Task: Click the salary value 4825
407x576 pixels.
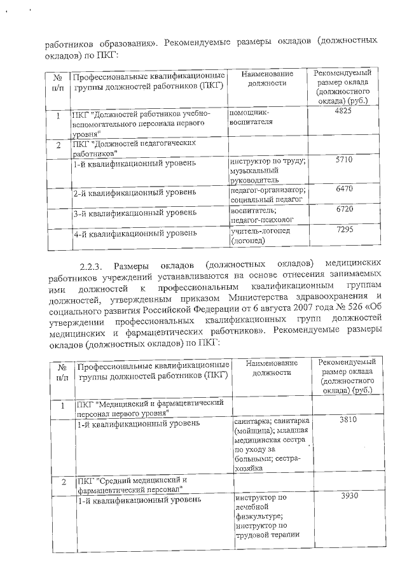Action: tap(343, 111)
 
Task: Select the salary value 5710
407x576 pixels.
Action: tap(343, 160)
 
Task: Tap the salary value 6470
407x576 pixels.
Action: tap(343, 189)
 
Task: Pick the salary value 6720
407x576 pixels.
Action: tap(343, 209)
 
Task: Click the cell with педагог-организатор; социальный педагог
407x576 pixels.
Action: tap(268, 195)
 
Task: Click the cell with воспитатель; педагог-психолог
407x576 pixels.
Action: tap(261, 214)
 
